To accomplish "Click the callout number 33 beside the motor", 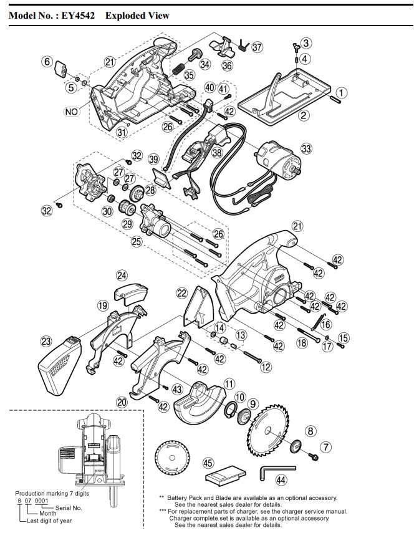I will pyautogui.click(x=306, y=148).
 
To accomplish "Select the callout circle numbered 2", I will pyautogui.click(x=304, y=115).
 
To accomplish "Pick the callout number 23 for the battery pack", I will pyautogui.click(x=46, y=341).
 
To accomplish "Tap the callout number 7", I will pyautogui.click(x=325, y=446).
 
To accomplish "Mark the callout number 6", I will pyautogui.click(x=47, y=61).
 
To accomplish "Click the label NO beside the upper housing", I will pyautogui.click(x=72, y=112).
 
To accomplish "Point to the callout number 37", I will pyautogui.click(x=257, y=47).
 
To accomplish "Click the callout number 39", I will pyautogui.click(x=154, y=160).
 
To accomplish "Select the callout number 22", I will pyautogui.click(x=181, y=292).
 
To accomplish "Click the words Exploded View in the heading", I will pyautogui.click(x=137, y=15).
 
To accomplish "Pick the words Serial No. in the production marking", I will pyautogui.click(x=69, y=508).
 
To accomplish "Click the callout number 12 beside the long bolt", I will pyautogui.click(x=266, y=367).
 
